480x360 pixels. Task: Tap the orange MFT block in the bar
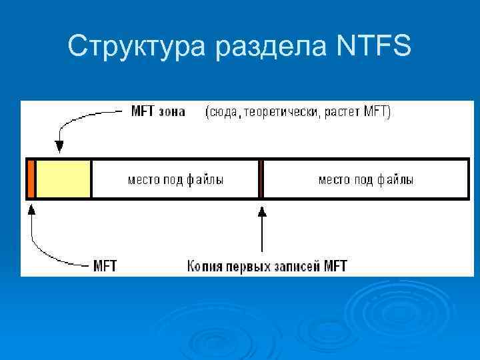coord(31,179)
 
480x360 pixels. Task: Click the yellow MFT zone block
coord(63,179)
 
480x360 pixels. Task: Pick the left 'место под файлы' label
coord(175,179)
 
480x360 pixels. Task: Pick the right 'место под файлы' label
coord(366,179)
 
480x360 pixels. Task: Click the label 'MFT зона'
coord(157,111)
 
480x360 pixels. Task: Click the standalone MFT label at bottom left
coord(105,266)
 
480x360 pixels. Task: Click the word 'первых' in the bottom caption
coord(247,266)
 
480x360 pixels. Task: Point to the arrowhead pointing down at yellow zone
coord(59,147)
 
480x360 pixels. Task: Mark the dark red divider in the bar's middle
coord(261,179)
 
